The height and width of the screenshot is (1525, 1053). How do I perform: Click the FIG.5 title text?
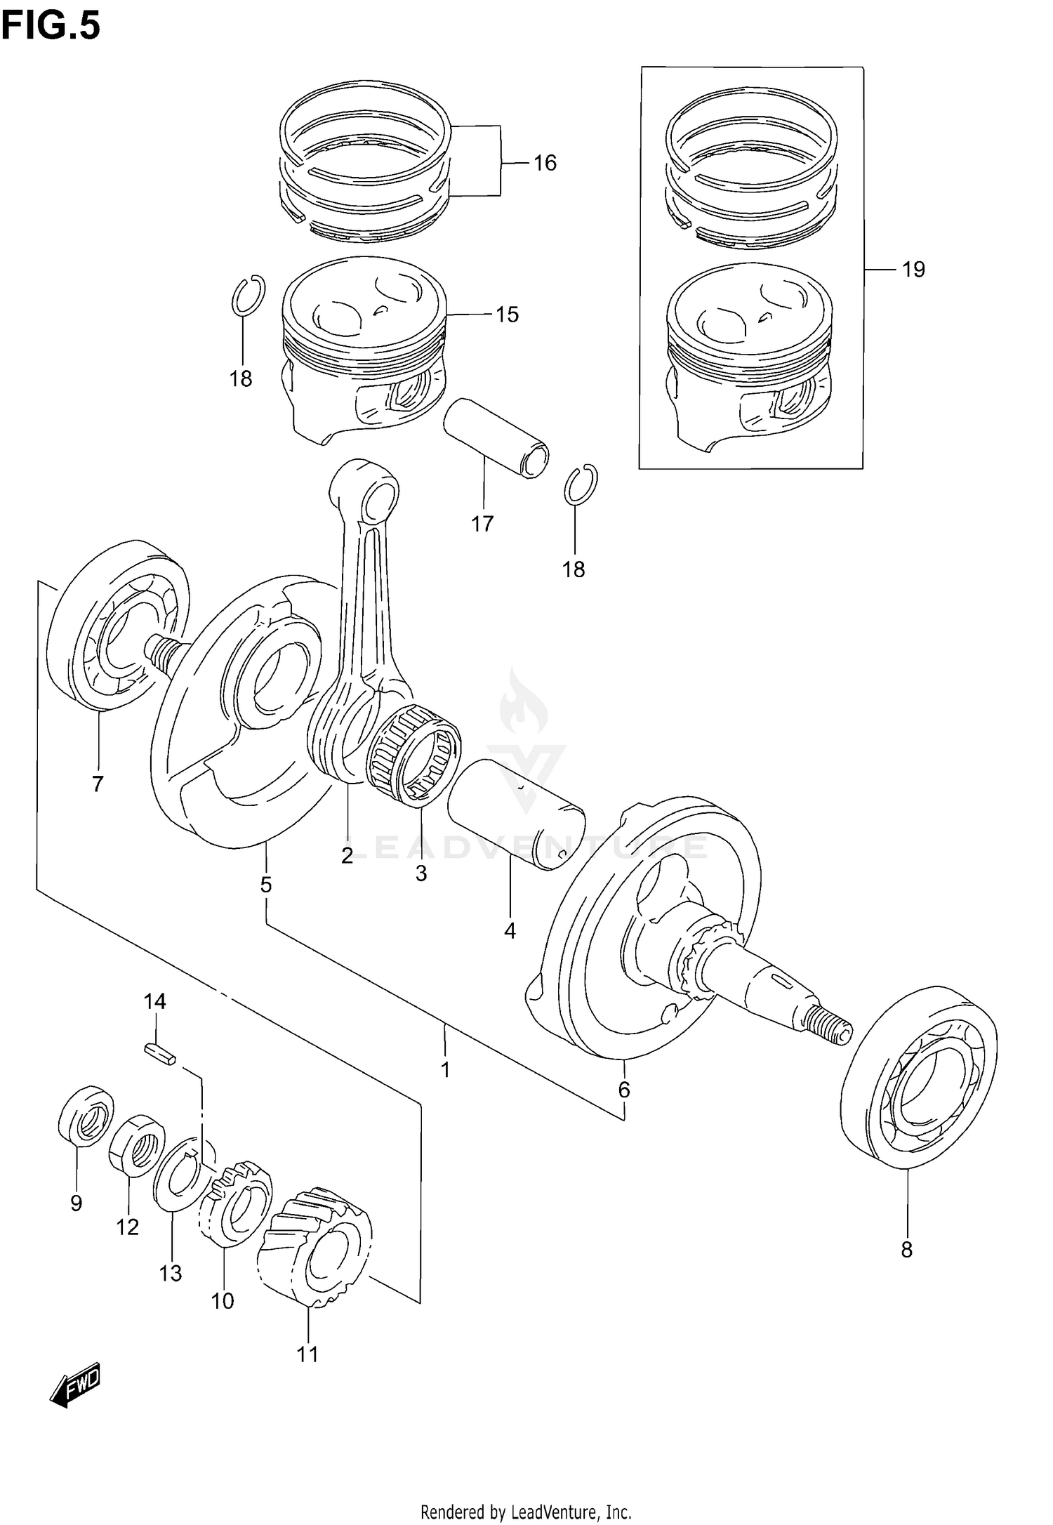pos(51,26)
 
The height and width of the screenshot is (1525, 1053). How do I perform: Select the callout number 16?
pos(544,163)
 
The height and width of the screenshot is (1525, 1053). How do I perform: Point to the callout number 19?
pos(913,270)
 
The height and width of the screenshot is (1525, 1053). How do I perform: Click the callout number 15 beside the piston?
pos(507,315)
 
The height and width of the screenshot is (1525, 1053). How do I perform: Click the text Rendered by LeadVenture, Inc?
pos(526,1507)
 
